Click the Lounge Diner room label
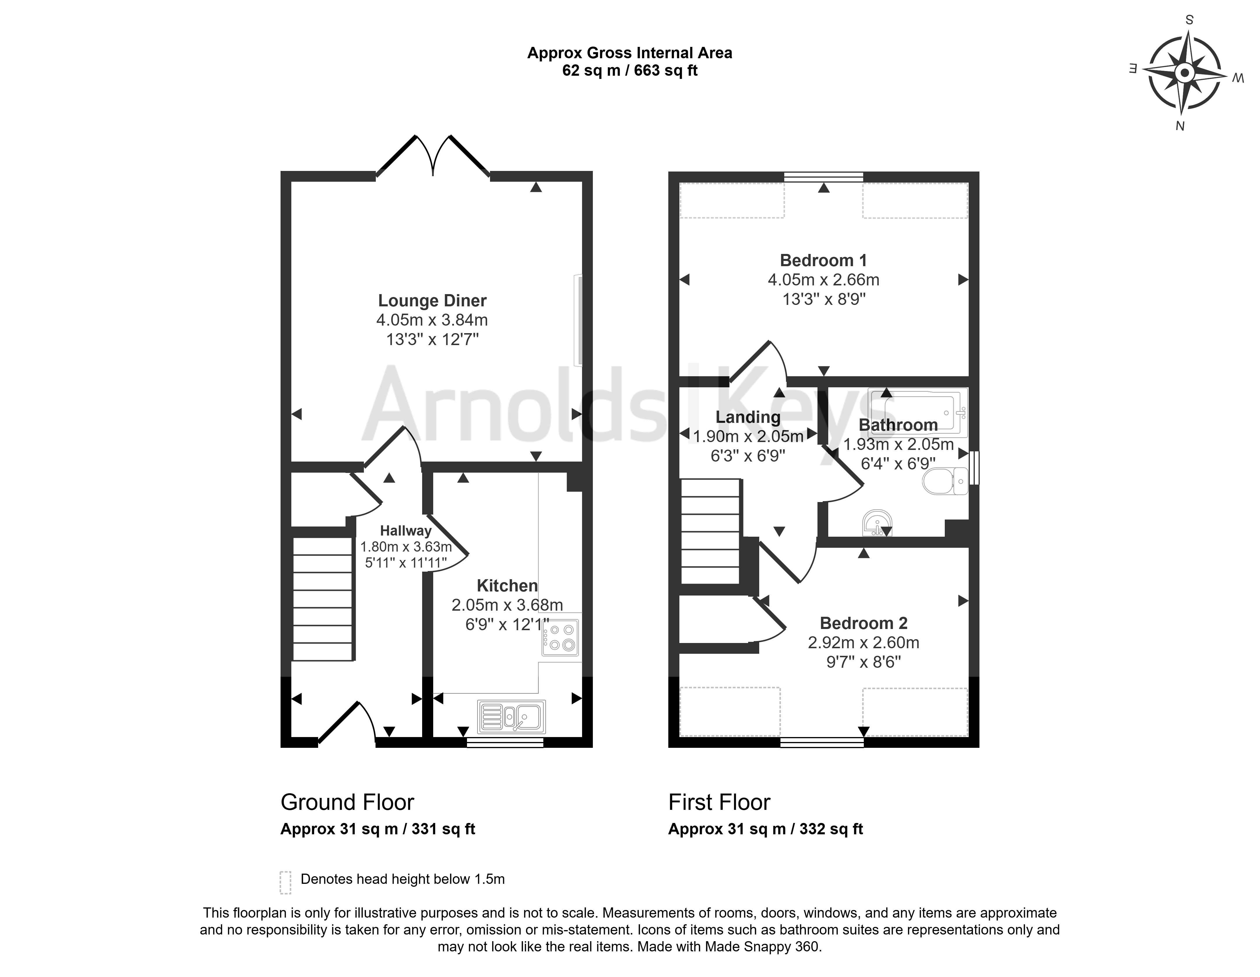432,301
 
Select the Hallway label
406,531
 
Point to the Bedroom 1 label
823,261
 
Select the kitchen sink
511,716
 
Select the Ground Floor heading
347,802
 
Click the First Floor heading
719,802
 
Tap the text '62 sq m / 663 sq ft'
630,70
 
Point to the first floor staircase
710,531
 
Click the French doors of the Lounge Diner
433,156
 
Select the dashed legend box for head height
285,882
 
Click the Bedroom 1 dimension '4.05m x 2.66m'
823,280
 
